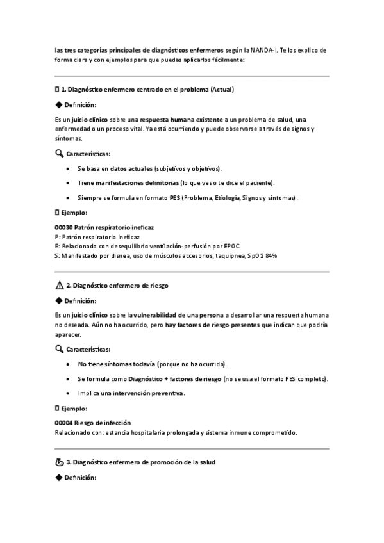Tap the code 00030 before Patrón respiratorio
tap(64, 227)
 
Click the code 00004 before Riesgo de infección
tap(64, 423)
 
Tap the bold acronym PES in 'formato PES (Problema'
tap(175, 197)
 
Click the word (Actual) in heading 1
tap(222, 89)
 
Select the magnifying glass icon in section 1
tap(60, 154)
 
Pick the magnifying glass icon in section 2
tap(60, 349)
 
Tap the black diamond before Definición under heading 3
tap(59, 478)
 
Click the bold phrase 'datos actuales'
tap(131, 169)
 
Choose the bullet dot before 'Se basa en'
tap(69, 169)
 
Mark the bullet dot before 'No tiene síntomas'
tap(69, 364)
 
